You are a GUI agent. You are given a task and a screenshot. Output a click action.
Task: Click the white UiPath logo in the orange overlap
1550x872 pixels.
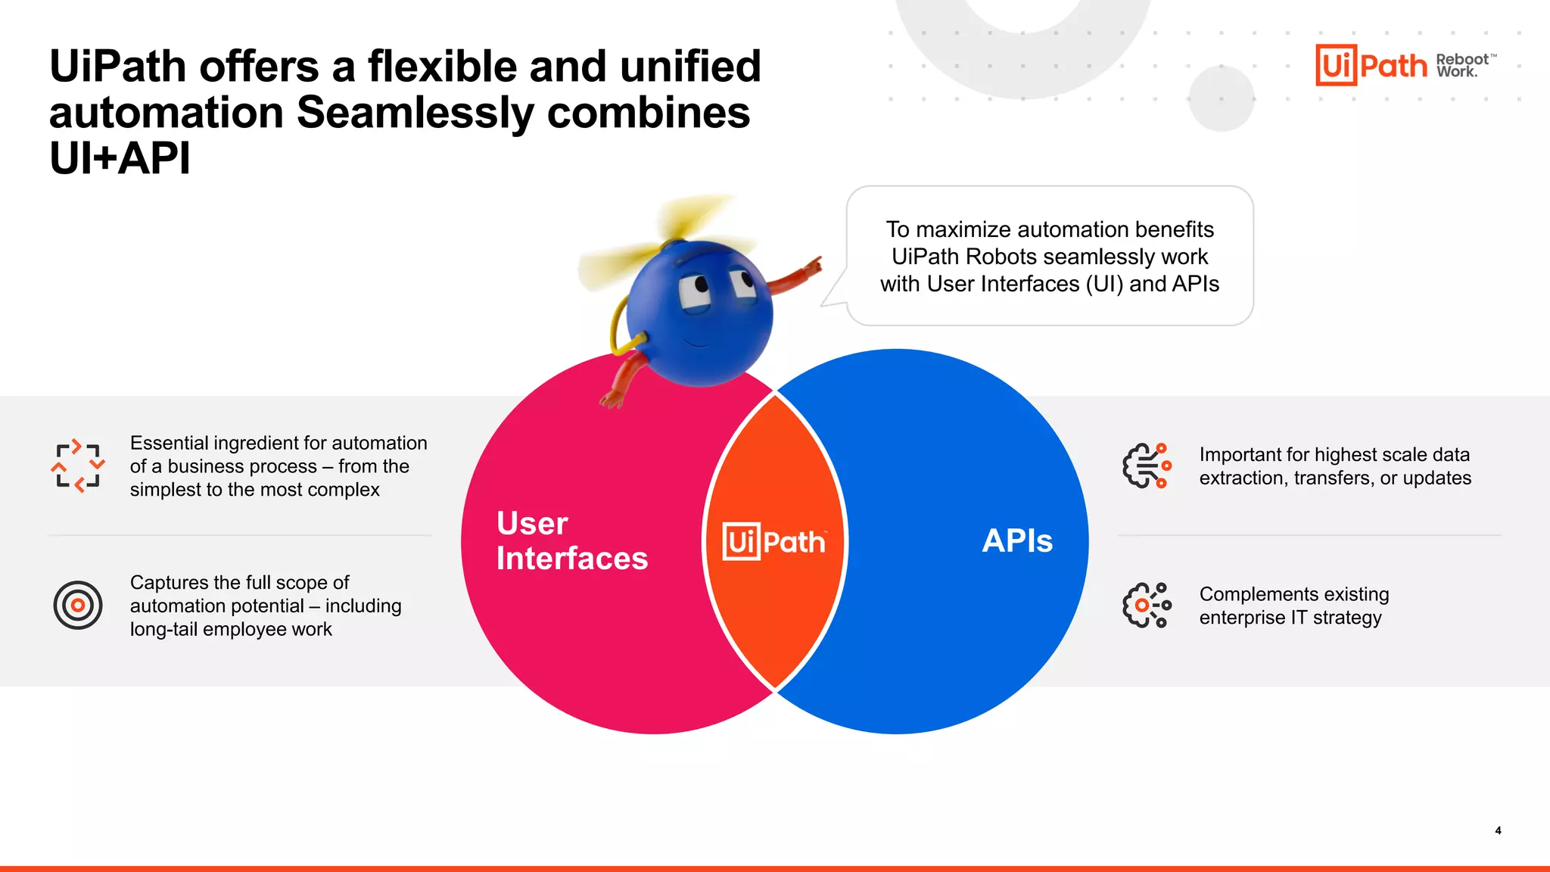(773, 542)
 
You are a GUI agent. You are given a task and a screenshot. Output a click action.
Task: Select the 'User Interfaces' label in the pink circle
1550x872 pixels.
(571, 540)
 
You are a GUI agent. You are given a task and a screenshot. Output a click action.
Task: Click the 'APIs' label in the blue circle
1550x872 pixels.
(1016, 540)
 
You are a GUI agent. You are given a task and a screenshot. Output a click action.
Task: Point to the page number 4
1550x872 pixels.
(1498, 830)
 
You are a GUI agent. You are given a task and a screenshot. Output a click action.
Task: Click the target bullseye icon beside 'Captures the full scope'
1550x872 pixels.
(78, 605)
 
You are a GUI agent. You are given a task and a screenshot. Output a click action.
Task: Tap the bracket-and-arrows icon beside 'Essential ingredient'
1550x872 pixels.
(78, 466)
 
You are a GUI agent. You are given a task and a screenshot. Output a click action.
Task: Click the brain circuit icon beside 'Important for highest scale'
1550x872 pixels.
(1147, 466)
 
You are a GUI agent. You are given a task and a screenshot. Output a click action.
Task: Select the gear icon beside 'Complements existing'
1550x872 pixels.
(1147, 605)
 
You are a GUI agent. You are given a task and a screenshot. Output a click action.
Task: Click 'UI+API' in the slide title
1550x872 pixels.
(120, 159)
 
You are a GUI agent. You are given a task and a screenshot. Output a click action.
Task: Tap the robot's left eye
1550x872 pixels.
(695, 291)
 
